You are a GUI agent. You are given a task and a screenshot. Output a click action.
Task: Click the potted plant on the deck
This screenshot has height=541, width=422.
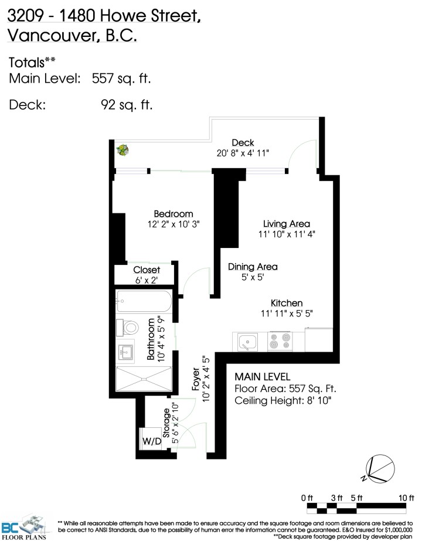pyautogui.click(x=122, y=151)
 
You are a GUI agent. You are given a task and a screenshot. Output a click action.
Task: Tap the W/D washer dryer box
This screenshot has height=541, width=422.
pyautogui.click(x=151, y=441)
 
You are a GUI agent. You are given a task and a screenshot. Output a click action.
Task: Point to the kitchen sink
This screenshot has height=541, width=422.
pyautogui.click(x=249, y=342)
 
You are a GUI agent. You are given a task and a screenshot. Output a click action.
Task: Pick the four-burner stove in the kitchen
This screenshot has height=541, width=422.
pyautogui.click(x=280, y=342)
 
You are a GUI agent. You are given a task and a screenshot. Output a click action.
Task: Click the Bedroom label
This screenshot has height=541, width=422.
pyautogui.click(x=173, y=214)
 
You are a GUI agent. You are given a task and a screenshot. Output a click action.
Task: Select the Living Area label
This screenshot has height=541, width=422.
pyautogui.click(x=286, y=224)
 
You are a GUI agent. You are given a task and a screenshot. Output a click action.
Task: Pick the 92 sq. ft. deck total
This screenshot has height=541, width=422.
pyautogui.click(x=126, y=105)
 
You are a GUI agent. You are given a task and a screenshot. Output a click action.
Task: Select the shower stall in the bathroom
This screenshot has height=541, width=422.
pyautogui.click(x=144, y=379)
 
